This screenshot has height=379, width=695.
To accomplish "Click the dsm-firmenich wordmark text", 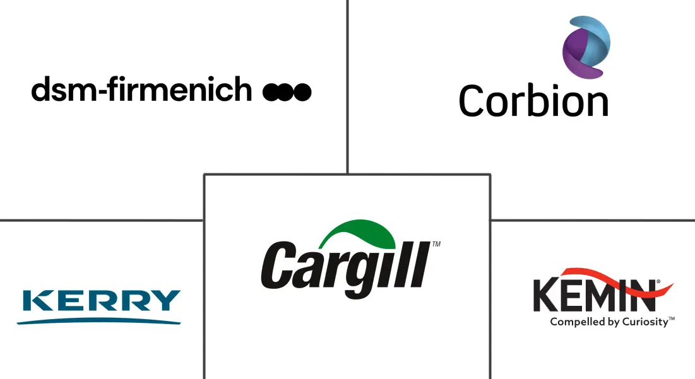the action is pos(141,89).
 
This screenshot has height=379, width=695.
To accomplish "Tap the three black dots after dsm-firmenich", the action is pos(287,92).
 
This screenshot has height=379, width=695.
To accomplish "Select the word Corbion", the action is pos(533,100).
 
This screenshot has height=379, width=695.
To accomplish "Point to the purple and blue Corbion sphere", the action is pos(586,47).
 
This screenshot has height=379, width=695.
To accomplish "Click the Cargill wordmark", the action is pos(345,265).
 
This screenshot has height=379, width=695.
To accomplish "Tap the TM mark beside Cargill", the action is pos(436,244).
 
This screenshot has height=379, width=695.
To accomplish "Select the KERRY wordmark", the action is pos(102,301).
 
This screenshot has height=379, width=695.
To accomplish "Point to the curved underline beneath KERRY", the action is pos(99,321).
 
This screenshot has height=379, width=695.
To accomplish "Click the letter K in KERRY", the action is pos(37,301).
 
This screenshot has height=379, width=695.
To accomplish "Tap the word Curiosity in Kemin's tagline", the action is pos(645,322).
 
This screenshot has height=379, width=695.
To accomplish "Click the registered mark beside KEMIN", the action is pos(658,281).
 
